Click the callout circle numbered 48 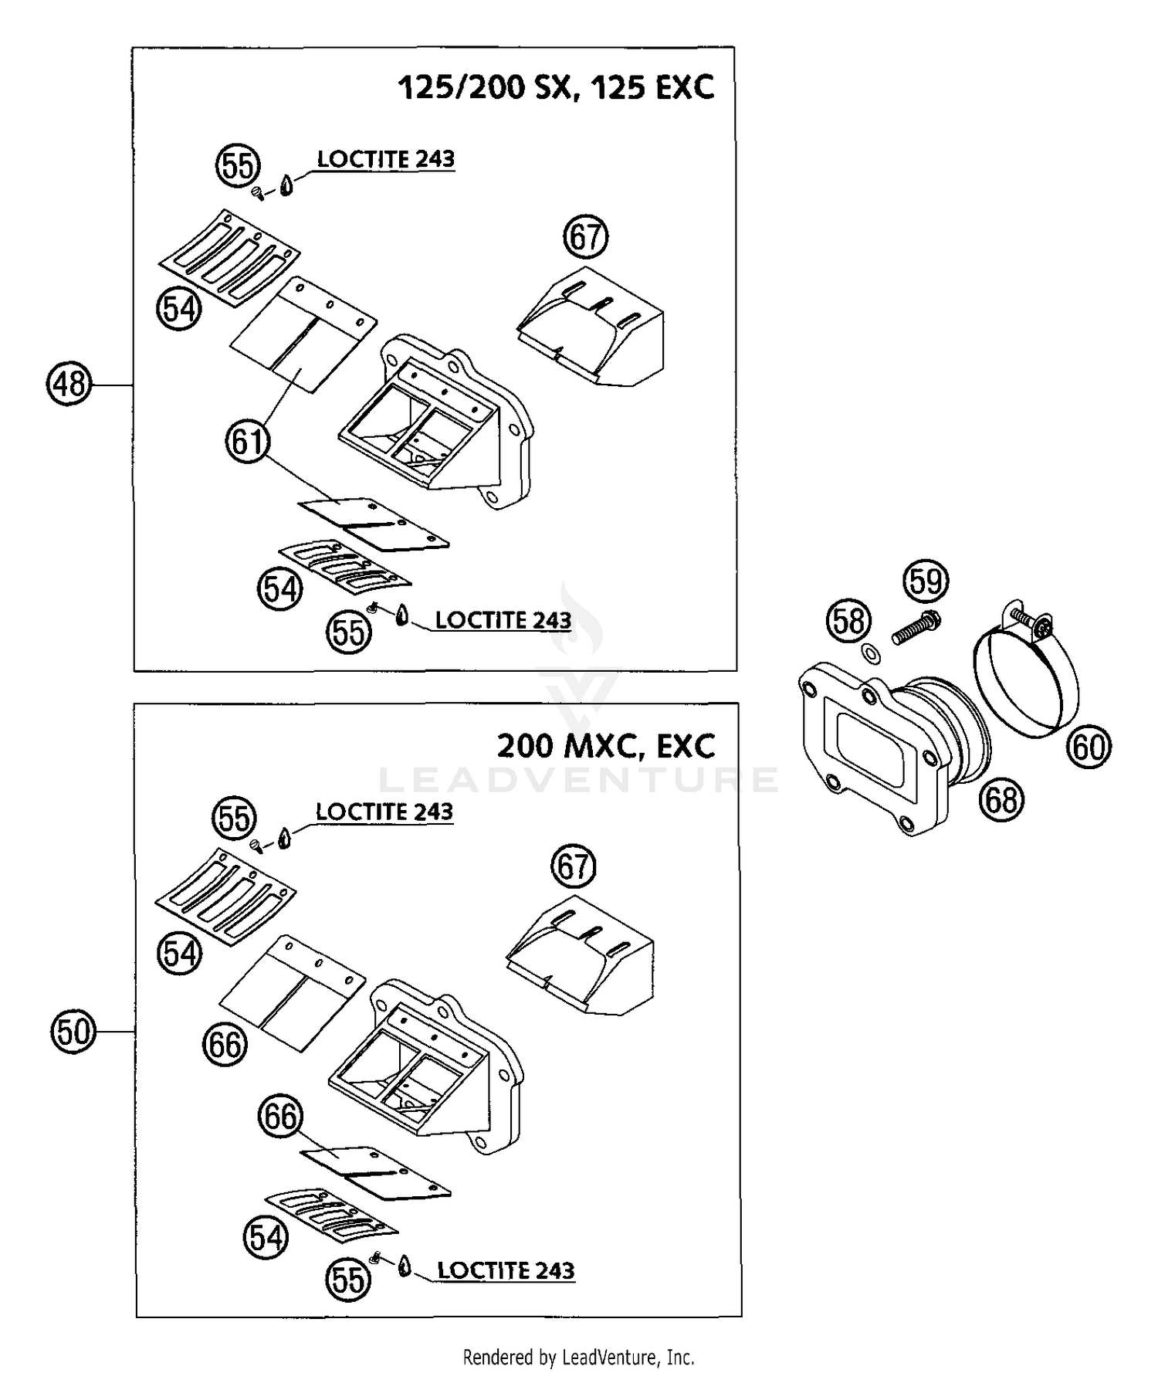click(69, 384)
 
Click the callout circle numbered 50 click(73, 1031)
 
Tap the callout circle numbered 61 click(248, 442)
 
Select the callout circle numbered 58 click(849, 621)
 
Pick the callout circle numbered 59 click(926, 581)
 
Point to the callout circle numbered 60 click(1089, 747)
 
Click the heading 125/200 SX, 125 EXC click(556, 87)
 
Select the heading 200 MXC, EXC click(606, 746)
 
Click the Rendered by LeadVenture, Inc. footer click(578, 1357)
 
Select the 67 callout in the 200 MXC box click(573, 866)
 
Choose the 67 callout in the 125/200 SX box click(585, 237)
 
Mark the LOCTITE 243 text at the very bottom click(506, 1270)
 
